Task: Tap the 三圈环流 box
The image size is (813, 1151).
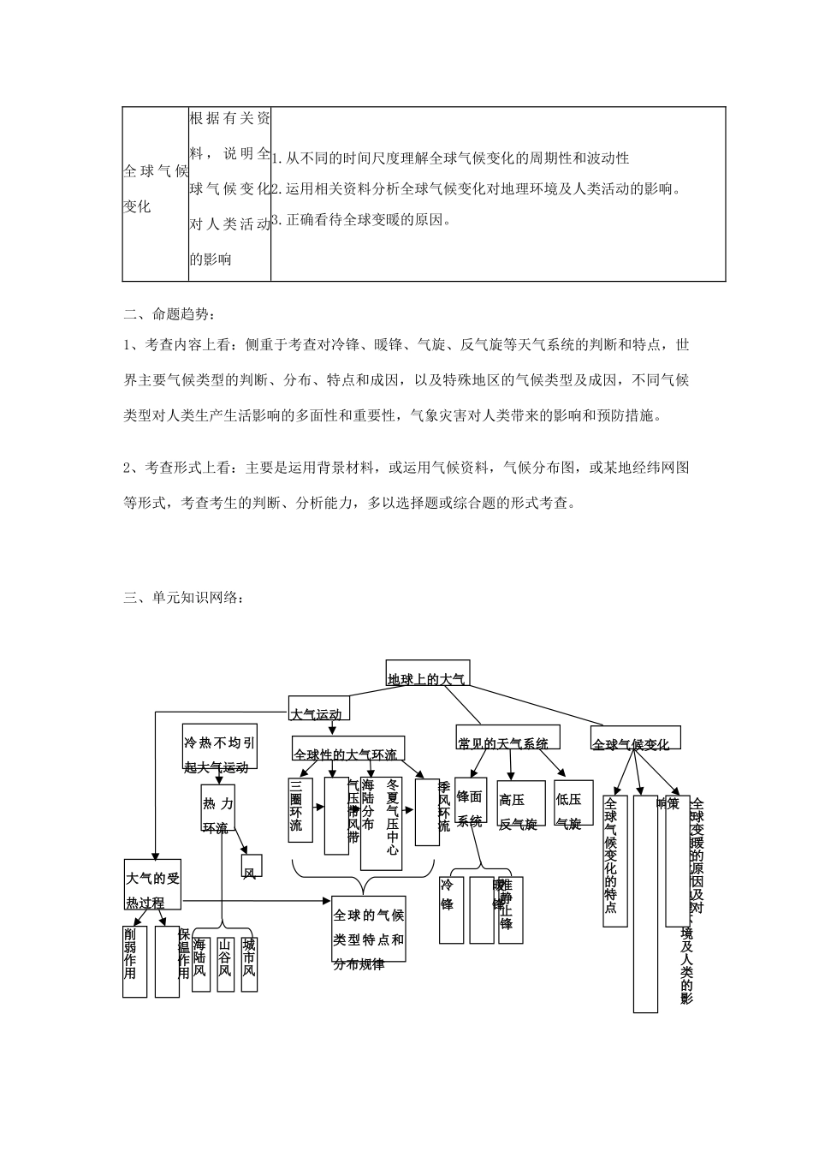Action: [300, 810]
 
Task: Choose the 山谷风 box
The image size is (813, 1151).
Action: [225, 960]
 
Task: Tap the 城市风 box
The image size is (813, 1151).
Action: [249, 960]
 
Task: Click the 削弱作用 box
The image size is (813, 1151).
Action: [134, 960]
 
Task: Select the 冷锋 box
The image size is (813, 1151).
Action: [451, 909]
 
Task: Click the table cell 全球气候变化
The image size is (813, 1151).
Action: [155, 189]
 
